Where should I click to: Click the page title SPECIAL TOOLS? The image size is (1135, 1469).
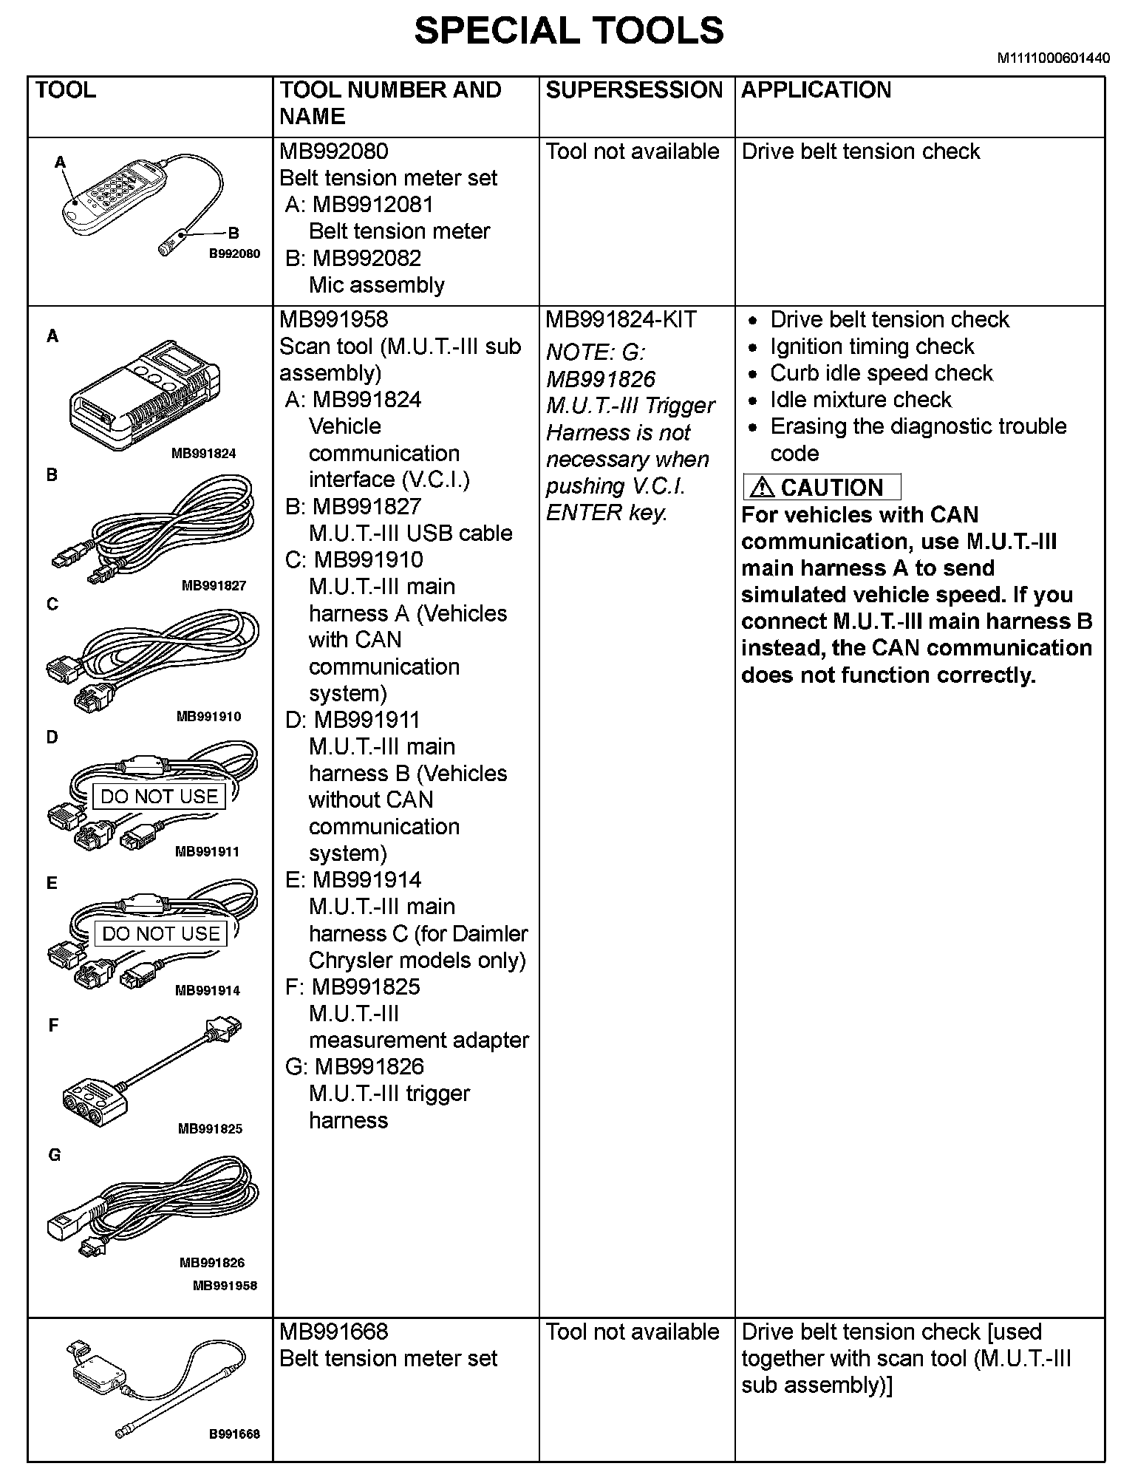point(568,31)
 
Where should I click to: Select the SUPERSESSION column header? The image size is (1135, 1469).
point(633,90)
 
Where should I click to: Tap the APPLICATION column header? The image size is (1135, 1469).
point(816,90)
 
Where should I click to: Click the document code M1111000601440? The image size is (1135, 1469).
point(1053,59)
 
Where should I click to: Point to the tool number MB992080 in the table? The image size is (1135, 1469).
point(333,151)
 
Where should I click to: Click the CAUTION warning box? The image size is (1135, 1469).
point(822,488)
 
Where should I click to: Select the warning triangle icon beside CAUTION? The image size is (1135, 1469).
point(762,488)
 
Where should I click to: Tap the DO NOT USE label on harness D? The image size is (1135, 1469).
point(159,797)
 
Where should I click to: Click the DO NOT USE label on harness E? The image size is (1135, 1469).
point(160,934)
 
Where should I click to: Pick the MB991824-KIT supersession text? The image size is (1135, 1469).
point(621,320)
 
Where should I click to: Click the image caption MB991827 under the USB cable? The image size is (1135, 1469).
point(214,586)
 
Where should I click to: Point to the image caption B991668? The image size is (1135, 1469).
point(234,1434)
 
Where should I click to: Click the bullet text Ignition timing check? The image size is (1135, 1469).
point(871,347)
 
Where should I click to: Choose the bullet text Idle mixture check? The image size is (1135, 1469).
point(860,400)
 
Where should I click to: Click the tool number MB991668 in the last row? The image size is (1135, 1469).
point(333,1332)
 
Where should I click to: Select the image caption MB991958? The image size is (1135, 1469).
point(225,1286)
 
